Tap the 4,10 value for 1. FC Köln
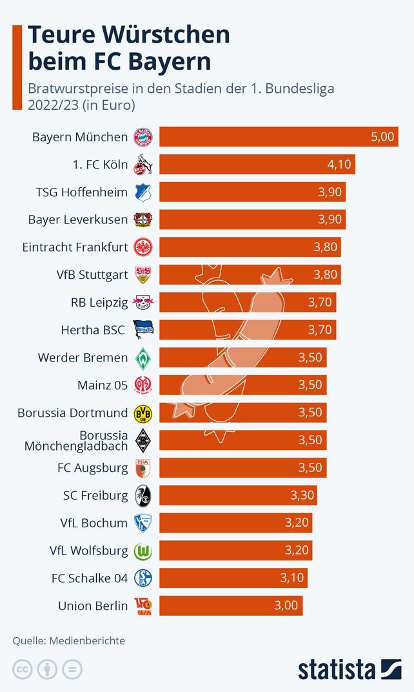(339, 165)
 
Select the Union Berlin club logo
(143, 605)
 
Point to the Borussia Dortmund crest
(143, 412)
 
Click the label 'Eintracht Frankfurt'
(75, 247)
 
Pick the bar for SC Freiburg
(238, 495)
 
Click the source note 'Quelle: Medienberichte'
(69, 641)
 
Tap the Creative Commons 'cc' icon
(23, 669)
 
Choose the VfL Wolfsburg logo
(143, 551)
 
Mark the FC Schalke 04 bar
(233, 578)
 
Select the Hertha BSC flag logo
(143, 330)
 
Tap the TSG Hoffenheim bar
(252, 192)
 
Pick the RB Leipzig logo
(143, 302)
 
